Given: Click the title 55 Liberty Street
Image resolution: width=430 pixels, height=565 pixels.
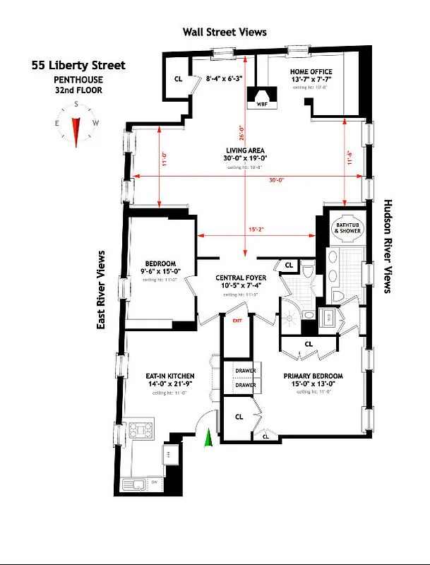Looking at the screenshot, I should click(x=78, y=66).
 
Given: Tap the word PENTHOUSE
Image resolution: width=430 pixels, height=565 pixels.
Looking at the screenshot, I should click(x=78, y=79).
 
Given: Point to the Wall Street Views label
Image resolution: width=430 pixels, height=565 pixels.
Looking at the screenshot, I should click(x=225, y=32).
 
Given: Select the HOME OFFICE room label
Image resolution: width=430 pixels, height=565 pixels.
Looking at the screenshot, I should click(x=311, y=72).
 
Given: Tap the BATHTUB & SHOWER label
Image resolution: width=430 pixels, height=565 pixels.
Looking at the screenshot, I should click(x=347, y=228).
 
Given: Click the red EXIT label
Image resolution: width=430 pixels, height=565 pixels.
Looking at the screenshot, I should click(x=237, y=320).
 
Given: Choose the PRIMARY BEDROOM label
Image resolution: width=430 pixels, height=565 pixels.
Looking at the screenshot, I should click(x=313, y=376).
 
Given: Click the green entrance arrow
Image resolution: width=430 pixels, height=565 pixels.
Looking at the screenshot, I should click(x=208, y=439).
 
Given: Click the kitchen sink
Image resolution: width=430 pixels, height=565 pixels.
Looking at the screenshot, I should click(x=133, y=484).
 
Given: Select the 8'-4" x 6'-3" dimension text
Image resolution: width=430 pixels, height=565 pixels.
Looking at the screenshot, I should click(x=224, y=79).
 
